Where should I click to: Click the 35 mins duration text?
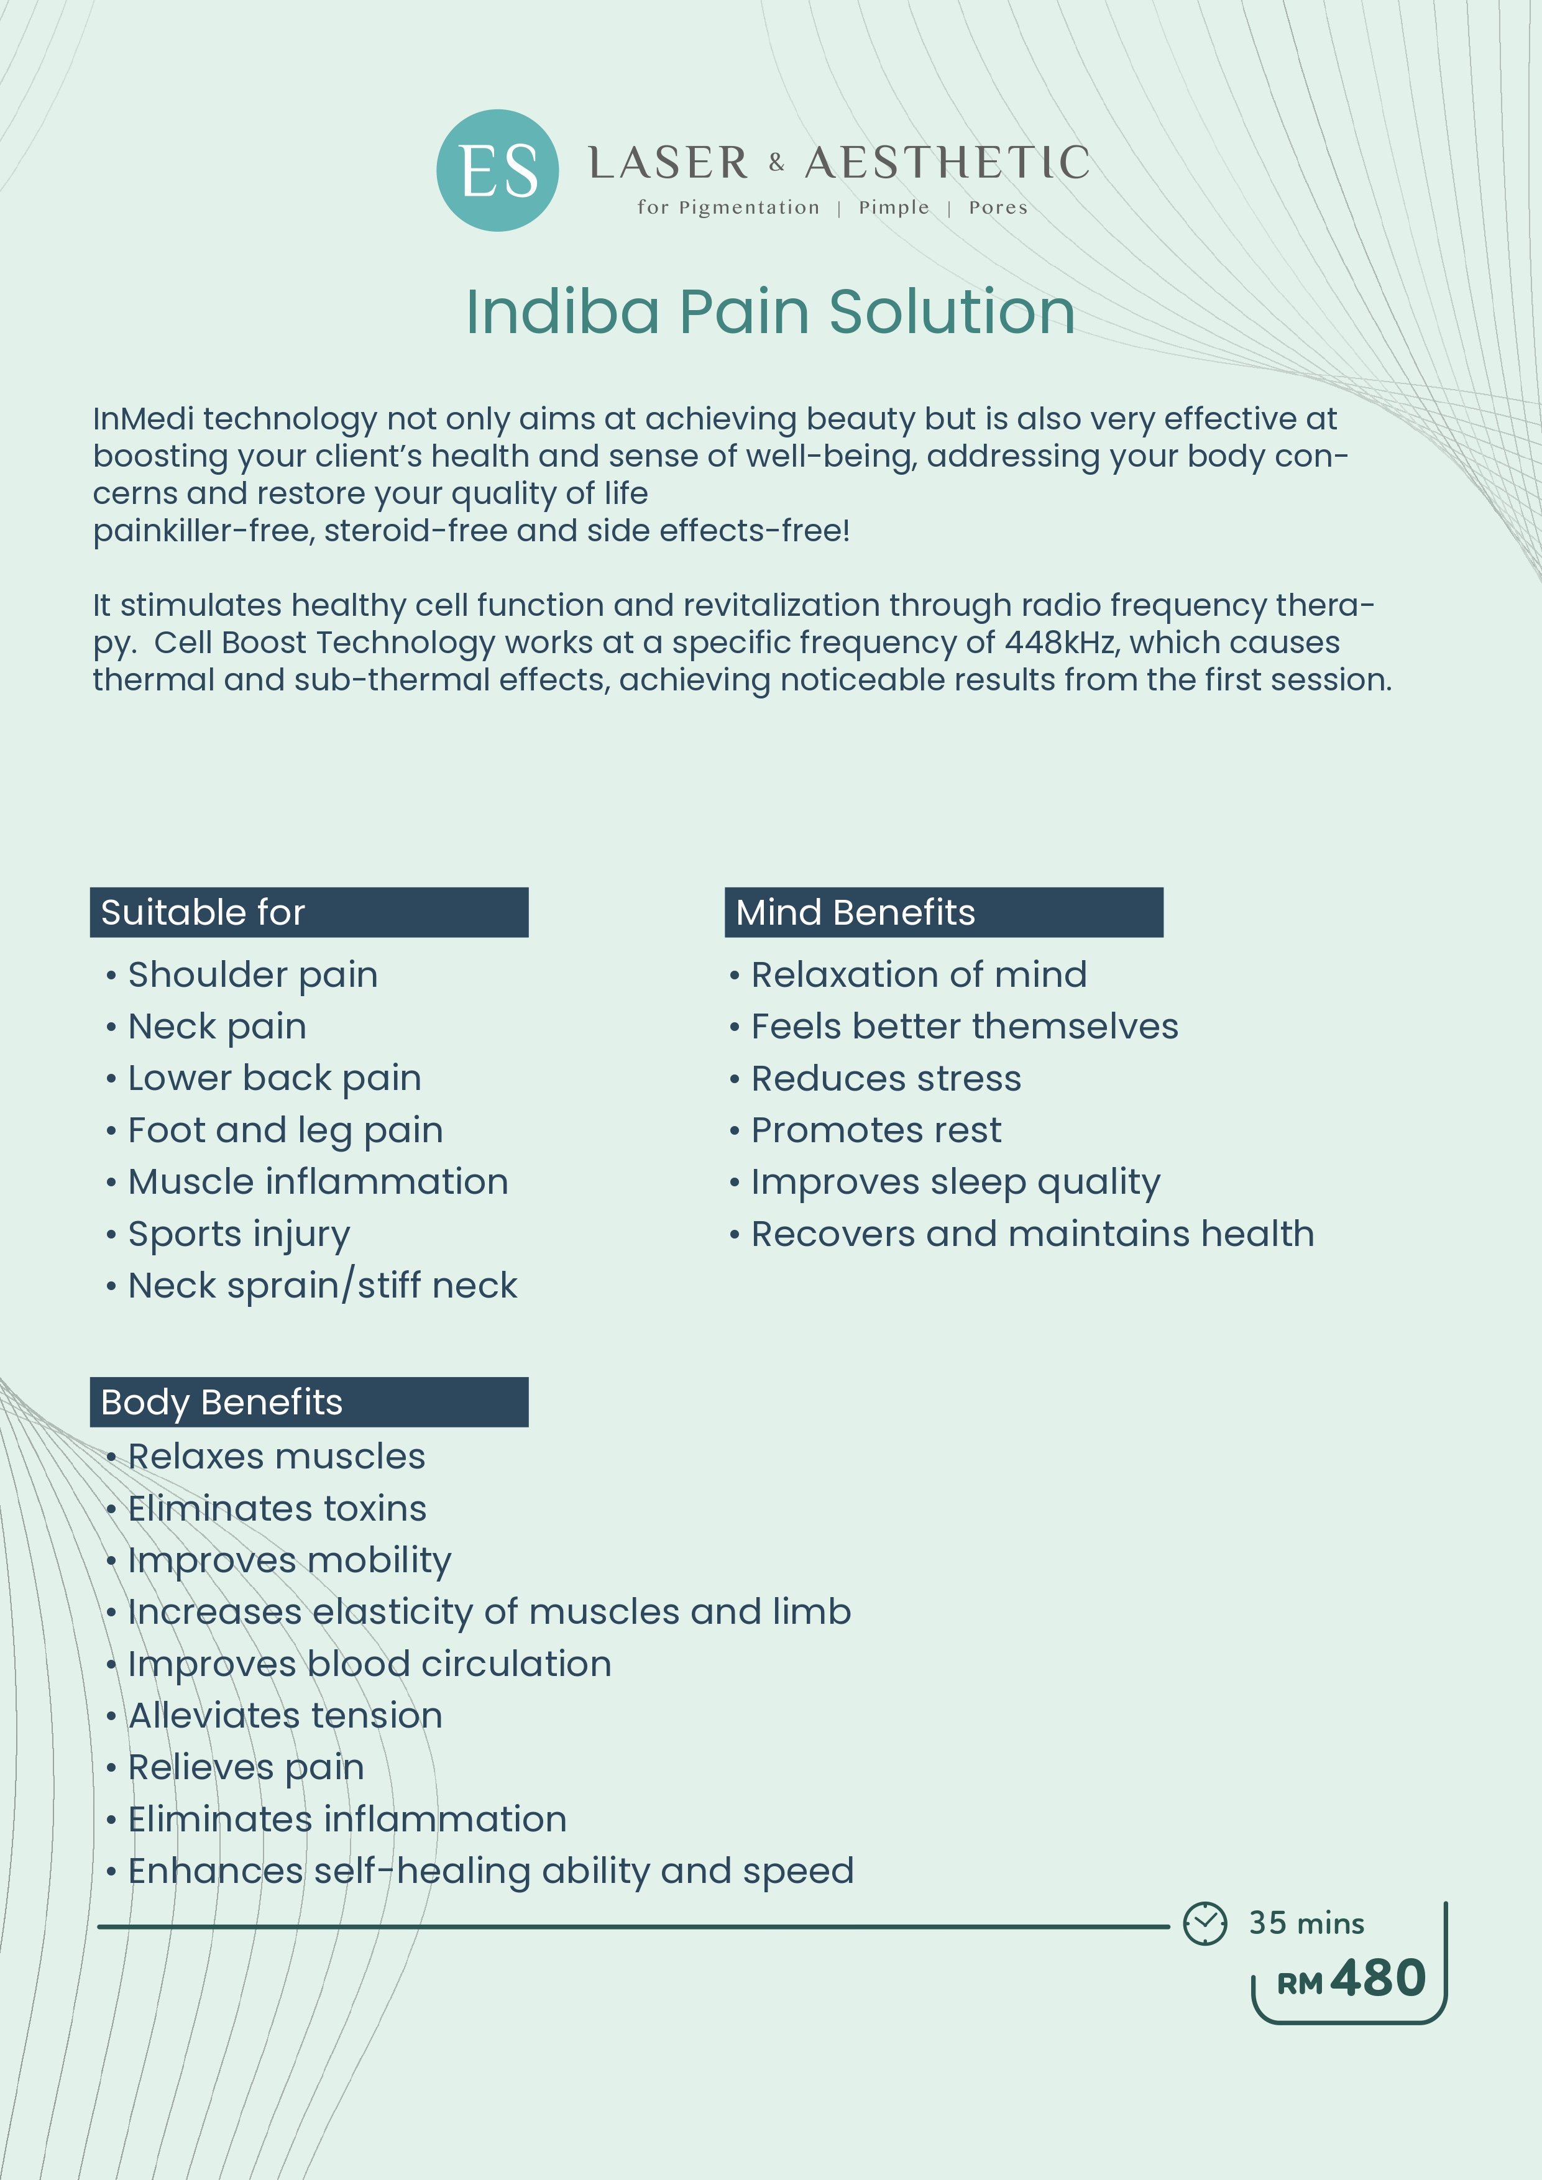1306,1923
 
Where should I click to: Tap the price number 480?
1378,1979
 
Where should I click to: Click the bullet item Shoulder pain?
252,975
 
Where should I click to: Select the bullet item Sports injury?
239,1234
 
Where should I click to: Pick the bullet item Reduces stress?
886,1079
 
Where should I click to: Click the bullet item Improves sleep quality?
955,1182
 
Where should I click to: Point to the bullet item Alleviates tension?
285,1716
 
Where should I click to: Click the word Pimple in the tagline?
894,208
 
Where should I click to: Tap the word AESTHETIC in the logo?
947,163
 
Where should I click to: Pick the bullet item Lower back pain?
275,1079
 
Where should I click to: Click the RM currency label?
1299,1984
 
